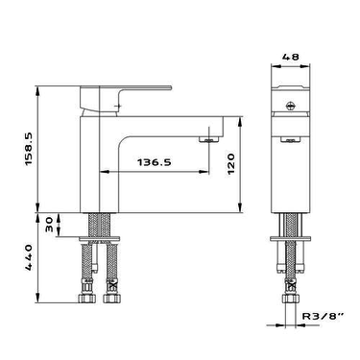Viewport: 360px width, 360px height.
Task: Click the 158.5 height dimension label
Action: [29, 150]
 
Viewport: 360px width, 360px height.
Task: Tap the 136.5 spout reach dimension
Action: [155, 162]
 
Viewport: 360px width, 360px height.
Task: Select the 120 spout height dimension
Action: [231, 163]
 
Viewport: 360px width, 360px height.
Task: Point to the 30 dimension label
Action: [49, 225]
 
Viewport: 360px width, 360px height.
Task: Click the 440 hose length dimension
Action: [29, 257]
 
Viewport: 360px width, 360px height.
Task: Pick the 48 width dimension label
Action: [291, 57]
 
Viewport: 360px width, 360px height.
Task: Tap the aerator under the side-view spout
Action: [209, 139]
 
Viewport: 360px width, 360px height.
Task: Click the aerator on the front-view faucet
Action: [291, 139]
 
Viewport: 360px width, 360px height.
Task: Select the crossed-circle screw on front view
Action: [291, 106]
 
